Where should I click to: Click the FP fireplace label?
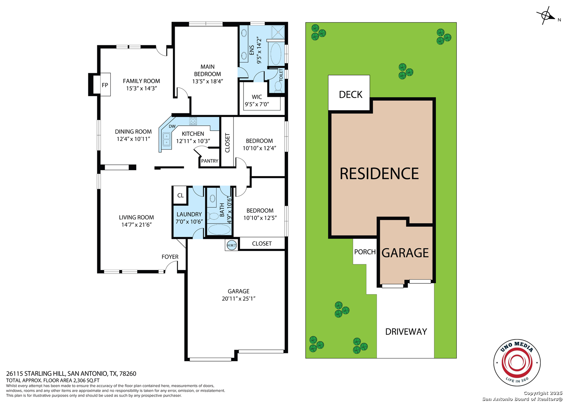point(105,85)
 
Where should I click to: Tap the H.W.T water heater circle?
point(232,245)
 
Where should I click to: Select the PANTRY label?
point(209,161)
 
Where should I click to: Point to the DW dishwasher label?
point(172,126)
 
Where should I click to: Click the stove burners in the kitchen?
point(193,121)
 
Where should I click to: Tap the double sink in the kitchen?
point(166,139)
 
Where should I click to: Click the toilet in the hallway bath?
point(213,216)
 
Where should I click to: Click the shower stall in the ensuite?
point(278,32)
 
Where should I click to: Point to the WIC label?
point(257,97)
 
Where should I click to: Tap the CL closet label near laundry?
point(180,196)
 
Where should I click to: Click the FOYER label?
point(170,257)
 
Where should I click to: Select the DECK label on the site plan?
point(351,95)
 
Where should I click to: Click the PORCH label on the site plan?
point(365,252)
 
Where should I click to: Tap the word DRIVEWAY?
point(406,332)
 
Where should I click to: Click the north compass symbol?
point(546,16)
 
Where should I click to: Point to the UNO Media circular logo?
point(517,362)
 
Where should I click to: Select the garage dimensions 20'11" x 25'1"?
point(239,298)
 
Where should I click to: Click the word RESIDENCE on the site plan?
point(379,174)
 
